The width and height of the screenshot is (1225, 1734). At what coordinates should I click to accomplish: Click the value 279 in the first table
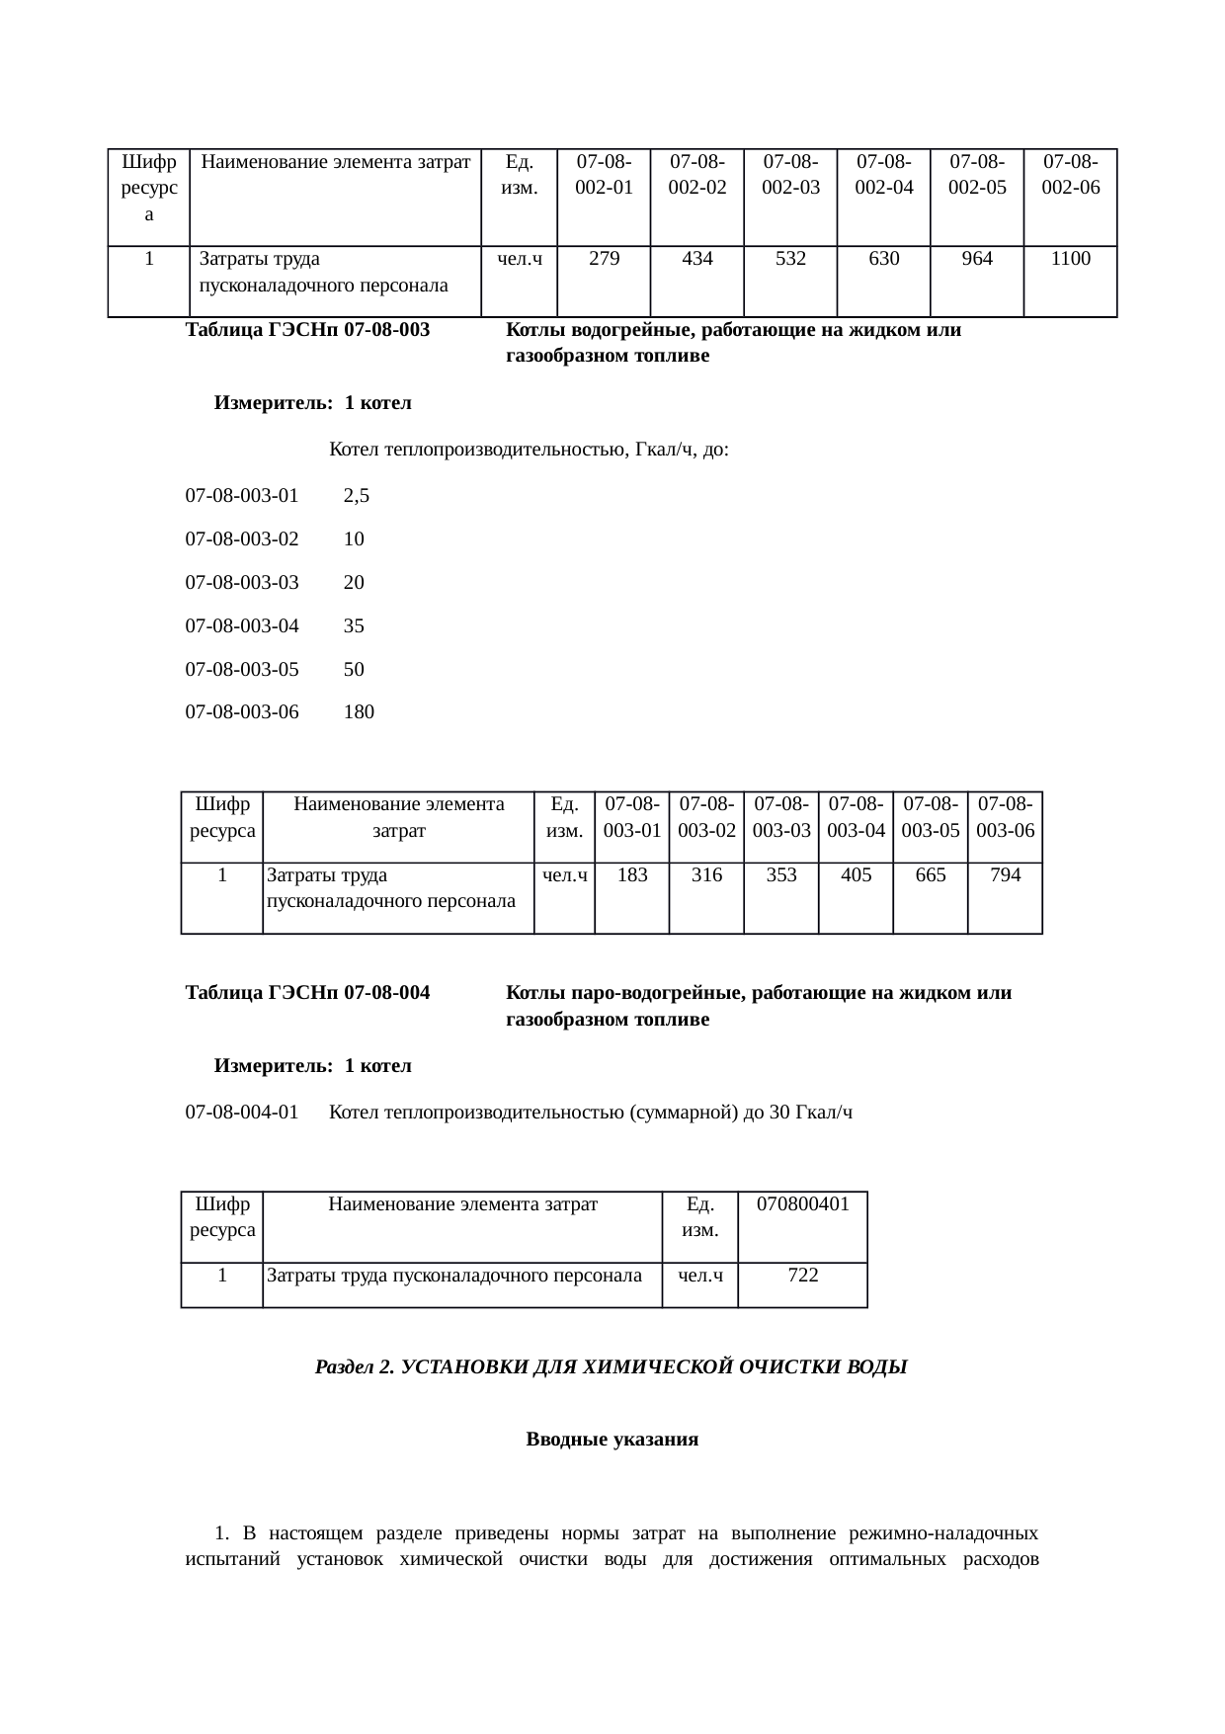tap(604, 259)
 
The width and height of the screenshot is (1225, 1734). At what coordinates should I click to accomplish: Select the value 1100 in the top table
tap(1070, 259)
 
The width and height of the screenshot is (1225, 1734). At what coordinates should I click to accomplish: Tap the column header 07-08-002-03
tap(790, 174)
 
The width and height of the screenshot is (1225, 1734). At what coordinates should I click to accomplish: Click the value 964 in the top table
tap(976, 259)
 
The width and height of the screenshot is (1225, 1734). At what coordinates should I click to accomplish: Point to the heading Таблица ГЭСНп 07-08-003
tap(307, 330)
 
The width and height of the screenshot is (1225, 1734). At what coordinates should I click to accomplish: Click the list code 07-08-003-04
tap(242, 625)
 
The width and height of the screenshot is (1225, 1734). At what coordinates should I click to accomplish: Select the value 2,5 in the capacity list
tap(356, 496)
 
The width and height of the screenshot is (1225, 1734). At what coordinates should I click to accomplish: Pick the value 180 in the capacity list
tap(359, 711)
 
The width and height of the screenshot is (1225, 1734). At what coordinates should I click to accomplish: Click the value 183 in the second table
tap(631, 874)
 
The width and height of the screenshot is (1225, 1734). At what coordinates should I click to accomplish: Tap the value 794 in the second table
tap(1005, 874)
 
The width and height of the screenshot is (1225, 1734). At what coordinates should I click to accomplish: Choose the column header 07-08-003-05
tap(930, 817)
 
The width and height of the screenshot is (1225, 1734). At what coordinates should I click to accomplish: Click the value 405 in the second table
tap(856, 874)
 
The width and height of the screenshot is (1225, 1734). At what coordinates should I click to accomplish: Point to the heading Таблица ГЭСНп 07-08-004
tap(307, 993)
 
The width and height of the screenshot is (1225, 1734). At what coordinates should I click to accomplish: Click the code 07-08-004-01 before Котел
tap(242, 1113)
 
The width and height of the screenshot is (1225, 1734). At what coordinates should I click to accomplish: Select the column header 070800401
tap(802, 1203)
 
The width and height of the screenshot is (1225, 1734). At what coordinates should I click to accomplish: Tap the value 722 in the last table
tap(802, 1275)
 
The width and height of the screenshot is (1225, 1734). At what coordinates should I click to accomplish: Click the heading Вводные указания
tap(612, 1440)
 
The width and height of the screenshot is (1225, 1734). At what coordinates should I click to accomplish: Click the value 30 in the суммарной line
tap(778, 1113)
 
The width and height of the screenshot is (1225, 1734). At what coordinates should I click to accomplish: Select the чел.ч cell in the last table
tap(699, 1275)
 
